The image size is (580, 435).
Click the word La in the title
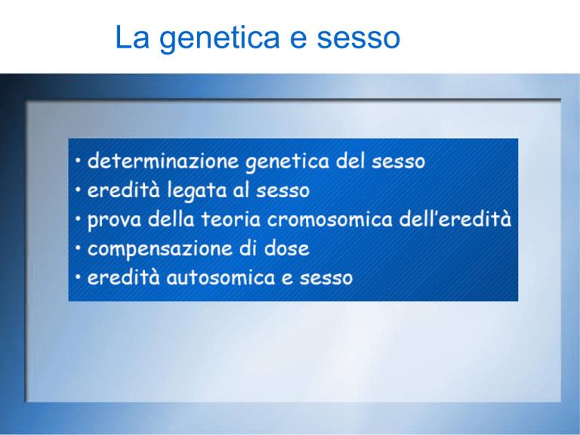tap(132, 36)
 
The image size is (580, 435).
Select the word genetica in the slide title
tap(219, 39)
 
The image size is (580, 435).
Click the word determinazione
tap(163, 161)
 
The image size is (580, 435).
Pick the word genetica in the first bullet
tap(288, 162)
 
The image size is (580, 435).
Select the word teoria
tap(231, 219)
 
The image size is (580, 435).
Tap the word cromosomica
tap(329, 220)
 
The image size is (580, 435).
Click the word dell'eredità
tap(455, 219)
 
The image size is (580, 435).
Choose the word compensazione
tap(160, 250)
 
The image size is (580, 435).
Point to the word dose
tap(287, 248)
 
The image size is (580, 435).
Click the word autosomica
tap(221, 277)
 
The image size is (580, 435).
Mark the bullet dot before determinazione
tap(78, 161)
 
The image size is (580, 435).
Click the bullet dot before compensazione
tap(78, 248)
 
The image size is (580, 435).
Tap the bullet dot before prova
tap(78, 219)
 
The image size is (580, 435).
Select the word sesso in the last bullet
tap(326, 279)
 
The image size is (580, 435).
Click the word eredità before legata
tap(124, 190)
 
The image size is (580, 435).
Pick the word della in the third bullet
tap(171, 219)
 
